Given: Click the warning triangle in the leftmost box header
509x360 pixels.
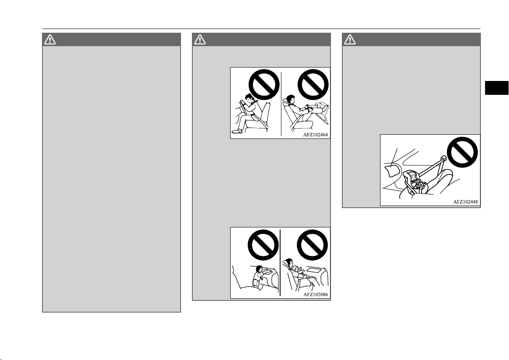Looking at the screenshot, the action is (50, 39).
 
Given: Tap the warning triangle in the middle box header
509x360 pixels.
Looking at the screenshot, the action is (200, 39).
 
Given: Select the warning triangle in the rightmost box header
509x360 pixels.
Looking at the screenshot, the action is (350, 39).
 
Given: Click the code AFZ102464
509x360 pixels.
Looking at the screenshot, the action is (315, 135).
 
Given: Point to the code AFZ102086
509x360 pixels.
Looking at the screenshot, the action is (316, 295).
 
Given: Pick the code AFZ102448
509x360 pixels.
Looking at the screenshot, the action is (465, 202).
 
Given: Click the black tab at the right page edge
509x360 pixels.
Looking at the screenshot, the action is (497, 88).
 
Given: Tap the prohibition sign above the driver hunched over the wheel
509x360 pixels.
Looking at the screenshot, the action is (264, 84).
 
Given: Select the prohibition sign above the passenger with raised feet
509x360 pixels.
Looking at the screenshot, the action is (313, 84).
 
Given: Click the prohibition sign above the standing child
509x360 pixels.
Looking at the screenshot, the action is (263, 245).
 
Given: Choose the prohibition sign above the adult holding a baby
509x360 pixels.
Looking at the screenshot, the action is (312, 245).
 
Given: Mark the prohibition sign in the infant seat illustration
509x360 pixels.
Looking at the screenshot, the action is (462, 152).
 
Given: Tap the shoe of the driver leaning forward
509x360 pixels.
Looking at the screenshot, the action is (237, 131).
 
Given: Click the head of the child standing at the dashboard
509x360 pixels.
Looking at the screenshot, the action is (259, 269).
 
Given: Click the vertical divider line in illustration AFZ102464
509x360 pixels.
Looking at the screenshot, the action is (281, 104).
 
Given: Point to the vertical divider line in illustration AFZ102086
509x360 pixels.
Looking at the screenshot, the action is (280, 263).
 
